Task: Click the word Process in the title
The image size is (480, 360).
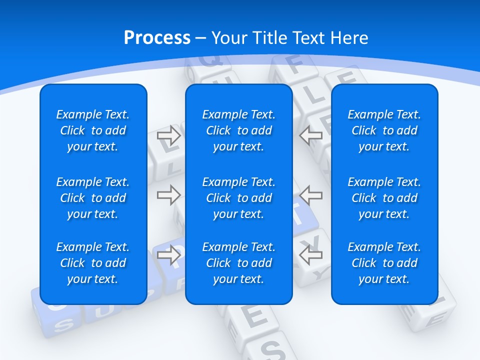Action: click(157, 38)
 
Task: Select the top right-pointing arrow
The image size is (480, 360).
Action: click(169, 135)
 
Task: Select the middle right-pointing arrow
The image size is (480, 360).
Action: click(169, 195)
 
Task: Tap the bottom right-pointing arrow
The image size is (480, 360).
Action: click(169, 255)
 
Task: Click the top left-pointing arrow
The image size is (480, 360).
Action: click(311, 135)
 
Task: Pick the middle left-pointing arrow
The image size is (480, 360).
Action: click(311, 195)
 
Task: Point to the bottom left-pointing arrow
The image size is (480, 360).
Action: click(311, 255)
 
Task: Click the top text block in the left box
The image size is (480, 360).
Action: click(93, 130)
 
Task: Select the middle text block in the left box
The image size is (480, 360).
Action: click(93, 198)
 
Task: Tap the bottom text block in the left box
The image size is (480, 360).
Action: click(93, 263)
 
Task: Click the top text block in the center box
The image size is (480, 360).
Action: click(238, 130)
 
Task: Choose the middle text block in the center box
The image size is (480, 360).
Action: click(238, 198)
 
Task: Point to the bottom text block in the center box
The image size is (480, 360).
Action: click(238, 263)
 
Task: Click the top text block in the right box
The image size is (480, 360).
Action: click(384, 130)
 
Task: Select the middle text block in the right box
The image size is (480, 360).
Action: click(384, 198)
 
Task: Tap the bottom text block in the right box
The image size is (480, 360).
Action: click(384, 263)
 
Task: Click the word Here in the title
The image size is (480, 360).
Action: click(349, 38)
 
